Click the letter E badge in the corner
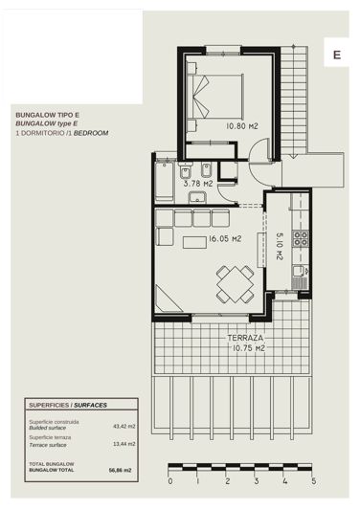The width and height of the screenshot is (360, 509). [x=336, y=55]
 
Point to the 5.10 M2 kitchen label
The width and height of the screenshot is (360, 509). [x=279, y=247]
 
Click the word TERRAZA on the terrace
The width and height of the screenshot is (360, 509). [x=245, y=339]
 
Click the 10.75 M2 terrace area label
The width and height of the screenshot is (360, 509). [x=245, y=349]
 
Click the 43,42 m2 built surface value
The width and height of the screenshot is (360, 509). [x=124, y=427]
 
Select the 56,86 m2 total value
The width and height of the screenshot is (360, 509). [x=122, y=470]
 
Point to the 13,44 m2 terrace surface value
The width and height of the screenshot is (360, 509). [x=124, y=444]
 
